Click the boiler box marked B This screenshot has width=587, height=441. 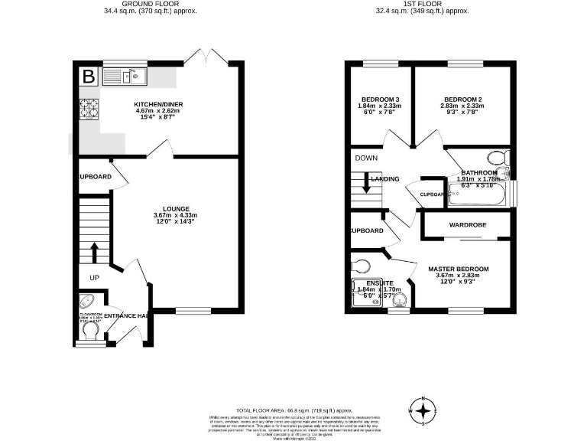point(89,77)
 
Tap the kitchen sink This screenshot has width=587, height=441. point(123,76)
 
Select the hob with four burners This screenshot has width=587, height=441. point(89,109)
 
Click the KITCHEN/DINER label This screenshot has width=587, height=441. point(158,104)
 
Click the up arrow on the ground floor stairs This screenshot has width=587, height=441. point(95,250)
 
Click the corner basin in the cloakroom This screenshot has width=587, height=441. point(86,301)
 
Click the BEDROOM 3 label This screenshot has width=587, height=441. point(380,100)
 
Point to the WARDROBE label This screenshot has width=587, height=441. point(468,225)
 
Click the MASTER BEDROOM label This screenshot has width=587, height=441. point(458,269)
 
